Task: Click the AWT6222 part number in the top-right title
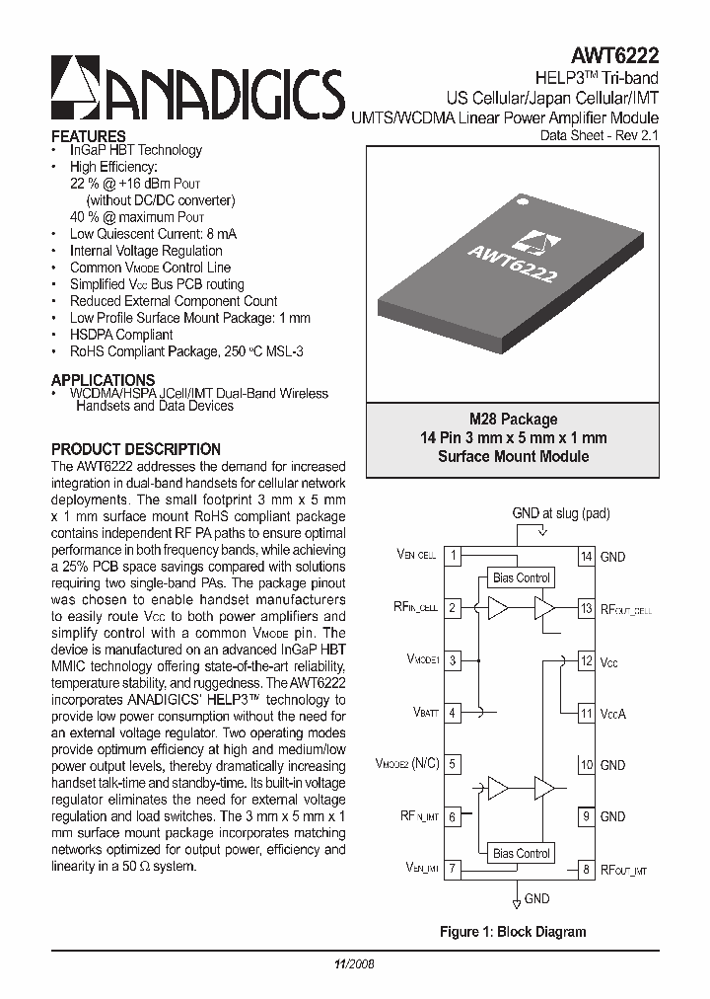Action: [616, 57]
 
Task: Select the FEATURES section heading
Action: [88, 135]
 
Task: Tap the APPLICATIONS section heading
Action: [103, 380]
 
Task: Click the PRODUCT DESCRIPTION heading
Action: [135, 449]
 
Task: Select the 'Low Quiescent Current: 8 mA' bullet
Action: [153, 234]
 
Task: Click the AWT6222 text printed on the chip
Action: [512, 264]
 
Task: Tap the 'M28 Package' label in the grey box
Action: [513, 419]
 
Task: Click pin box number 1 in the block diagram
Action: [453, 557]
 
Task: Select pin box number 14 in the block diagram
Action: [586, 557]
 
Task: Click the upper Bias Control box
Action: [521, 577]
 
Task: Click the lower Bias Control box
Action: [521, 853]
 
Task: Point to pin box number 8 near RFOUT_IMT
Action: [586, 869]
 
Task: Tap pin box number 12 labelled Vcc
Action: [586, 661]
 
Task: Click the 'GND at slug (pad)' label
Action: [561, 513]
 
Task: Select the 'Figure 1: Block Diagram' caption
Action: [512, 931]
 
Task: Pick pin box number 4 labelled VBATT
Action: [453, 713]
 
